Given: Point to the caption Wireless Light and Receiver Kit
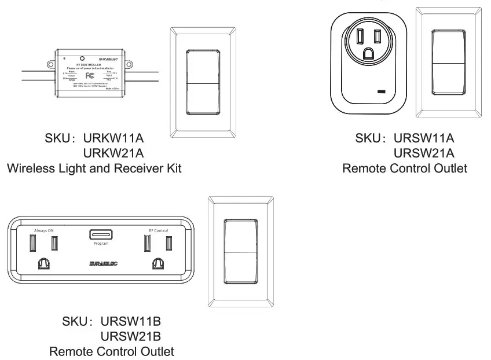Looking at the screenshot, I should pyautogui.click(x=94, y=168).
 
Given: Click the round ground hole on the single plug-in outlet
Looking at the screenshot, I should pyautogui.click(x=368, y=53).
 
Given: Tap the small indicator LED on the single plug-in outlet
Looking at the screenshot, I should pyautogui.click(x=382, y=91).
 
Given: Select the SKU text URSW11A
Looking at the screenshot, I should pyautogui.click(x=424, y=139).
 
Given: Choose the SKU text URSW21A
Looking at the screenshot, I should pyautogui.click(x=424, y=153).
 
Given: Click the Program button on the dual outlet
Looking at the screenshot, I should pyautogui.click(x=101, y=235).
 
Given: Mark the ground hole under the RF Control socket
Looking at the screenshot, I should pyautogui.click(x=157, y=265).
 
